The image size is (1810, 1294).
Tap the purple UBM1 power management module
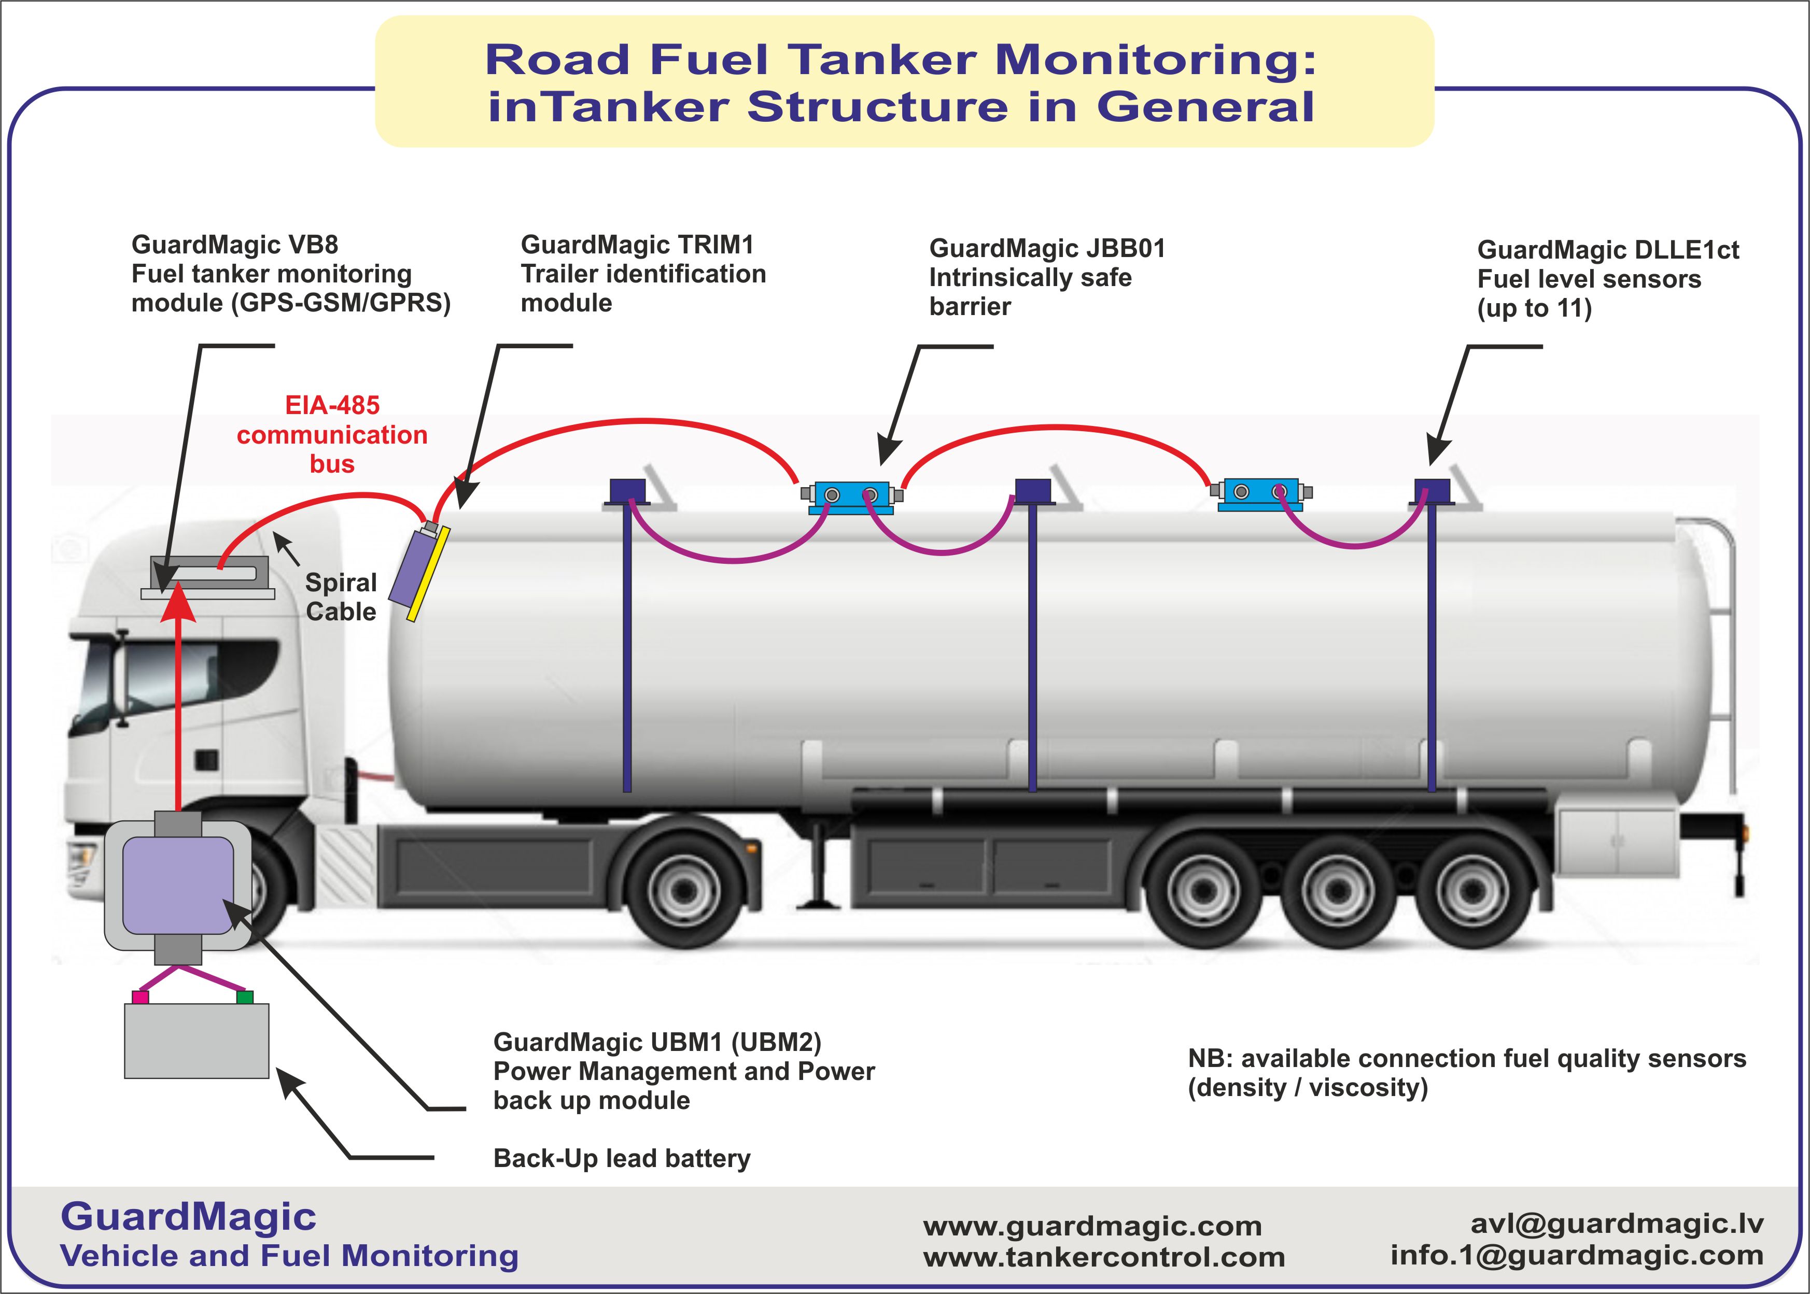[177, 885]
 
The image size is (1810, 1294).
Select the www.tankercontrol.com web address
[1104, 1257]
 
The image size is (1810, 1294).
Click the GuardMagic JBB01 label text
[1046, 249]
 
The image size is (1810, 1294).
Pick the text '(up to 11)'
[1534, 308]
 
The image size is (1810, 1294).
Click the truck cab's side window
[199, 673]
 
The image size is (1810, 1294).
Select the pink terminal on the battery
[141, 997]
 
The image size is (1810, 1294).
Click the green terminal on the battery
[245, 997]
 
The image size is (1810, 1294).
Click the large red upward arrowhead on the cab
[178, 604]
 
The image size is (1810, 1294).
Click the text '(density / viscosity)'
[1307, 1088]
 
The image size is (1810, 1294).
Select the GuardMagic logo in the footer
[188, 1217]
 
